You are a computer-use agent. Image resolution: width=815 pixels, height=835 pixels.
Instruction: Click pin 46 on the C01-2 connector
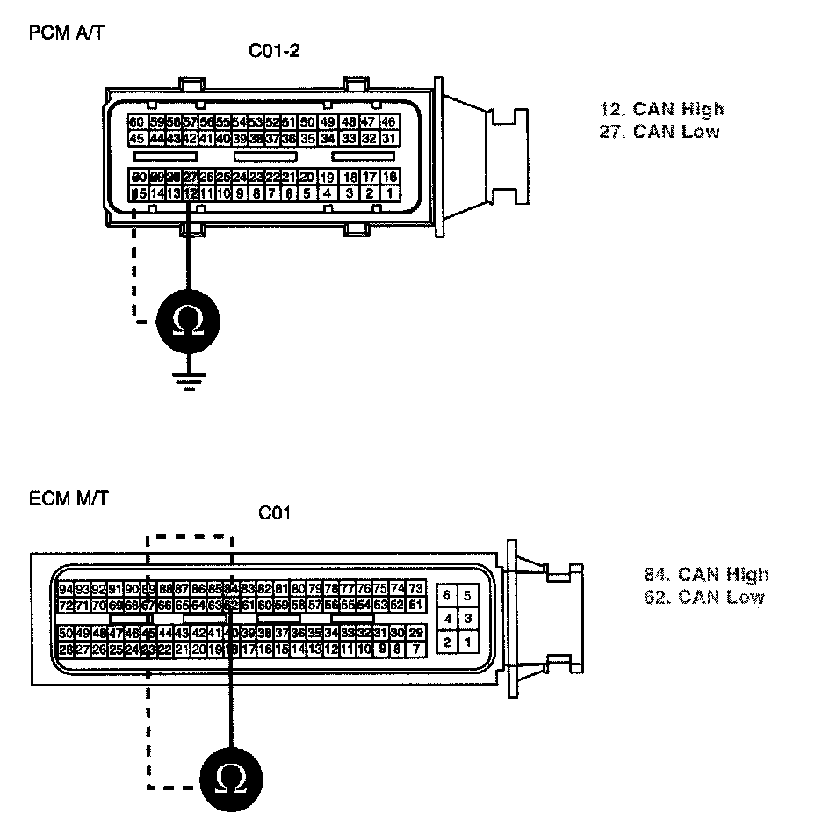click(x=388, y=122)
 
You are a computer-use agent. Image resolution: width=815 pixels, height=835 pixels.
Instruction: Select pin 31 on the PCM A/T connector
click(x=388, y=139)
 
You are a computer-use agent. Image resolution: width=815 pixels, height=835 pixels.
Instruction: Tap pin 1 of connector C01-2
click(x=388, y=192)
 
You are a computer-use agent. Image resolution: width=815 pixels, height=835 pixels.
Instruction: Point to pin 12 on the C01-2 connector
click(x=190, y=192)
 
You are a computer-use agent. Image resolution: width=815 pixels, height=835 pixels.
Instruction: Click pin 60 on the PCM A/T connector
click(x=136, y=122)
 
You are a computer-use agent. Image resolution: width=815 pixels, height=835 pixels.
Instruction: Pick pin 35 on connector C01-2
click(x=307, y=139)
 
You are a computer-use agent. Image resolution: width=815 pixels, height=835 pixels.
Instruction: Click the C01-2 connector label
click(x=274, y=51)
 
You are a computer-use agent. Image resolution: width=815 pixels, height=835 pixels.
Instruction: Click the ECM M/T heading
click(x=69, y=499)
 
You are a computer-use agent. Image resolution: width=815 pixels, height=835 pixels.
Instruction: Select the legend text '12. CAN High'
click(x=661, y=109)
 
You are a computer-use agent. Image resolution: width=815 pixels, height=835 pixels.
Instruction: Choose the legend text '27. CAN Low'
click(x=659, y=132)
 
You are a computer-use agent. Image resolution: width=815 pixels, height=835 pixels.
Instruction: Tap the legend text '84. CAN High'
click(x=706, y=575)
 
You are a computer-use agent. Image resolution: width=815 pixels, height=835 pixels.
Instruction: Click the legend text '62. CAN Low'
click(x=703, y=598)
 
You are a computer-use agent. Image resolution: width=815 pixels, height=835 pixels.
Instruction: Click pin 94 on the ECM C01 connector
click(x=65, y=588)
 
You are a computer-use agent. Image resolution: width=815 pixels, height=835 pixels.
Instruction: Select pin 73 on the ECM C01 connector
click(x=416, y=588)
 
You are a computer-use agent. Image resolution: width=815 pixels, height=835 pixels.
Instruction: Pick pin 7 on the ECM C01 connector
click(x=416, y=649)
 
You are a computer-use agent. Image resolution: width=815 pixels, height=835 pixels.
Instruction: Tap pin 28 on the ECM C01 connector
click(x=65, y=649)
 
